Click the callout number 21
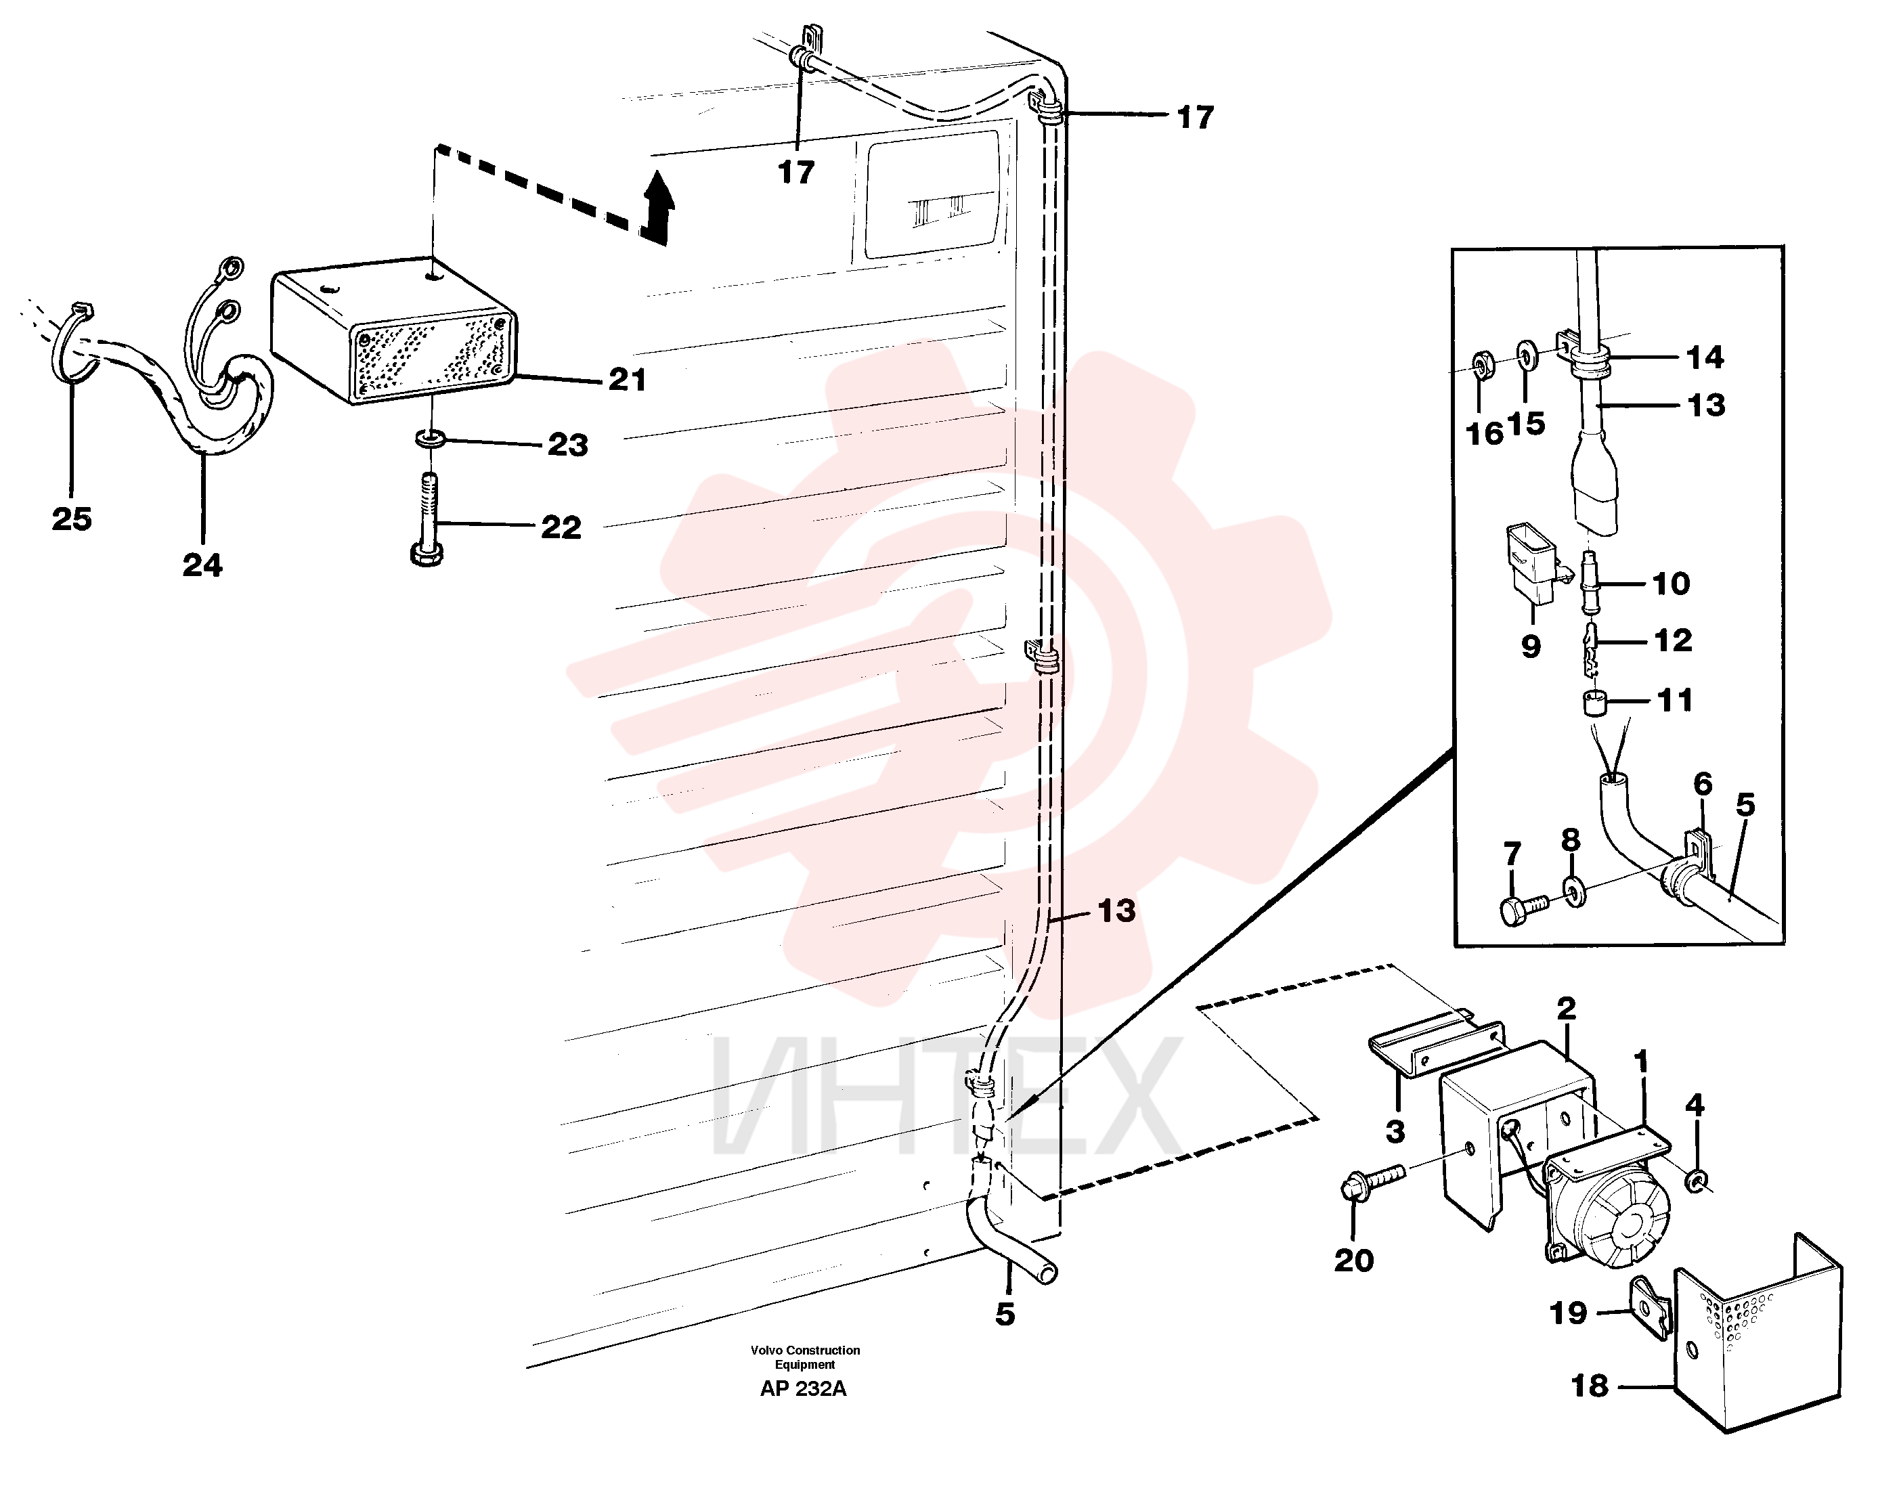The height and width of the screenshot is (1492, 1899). pyautogui.click(x=627, y=380)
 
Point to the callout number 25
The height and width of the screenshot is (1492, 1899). pyautogui.click(x=72, y=519)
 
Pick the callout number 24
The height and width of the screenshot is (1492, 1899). pyautogui.click(x=202, y=565)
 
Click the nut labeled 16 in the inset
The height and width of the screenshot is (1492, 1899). pyautogui.click(x=1481, y=364)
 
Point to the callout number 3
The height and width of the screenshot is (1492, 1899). pyautogui.click(x=1395, y=1131)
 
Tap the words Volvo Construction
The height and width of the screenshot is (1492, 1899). pyautogui.click(x=804, y=1351)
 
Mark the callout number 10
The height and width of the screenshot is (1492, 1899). pyautogui.click(x=1671, y=583)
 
